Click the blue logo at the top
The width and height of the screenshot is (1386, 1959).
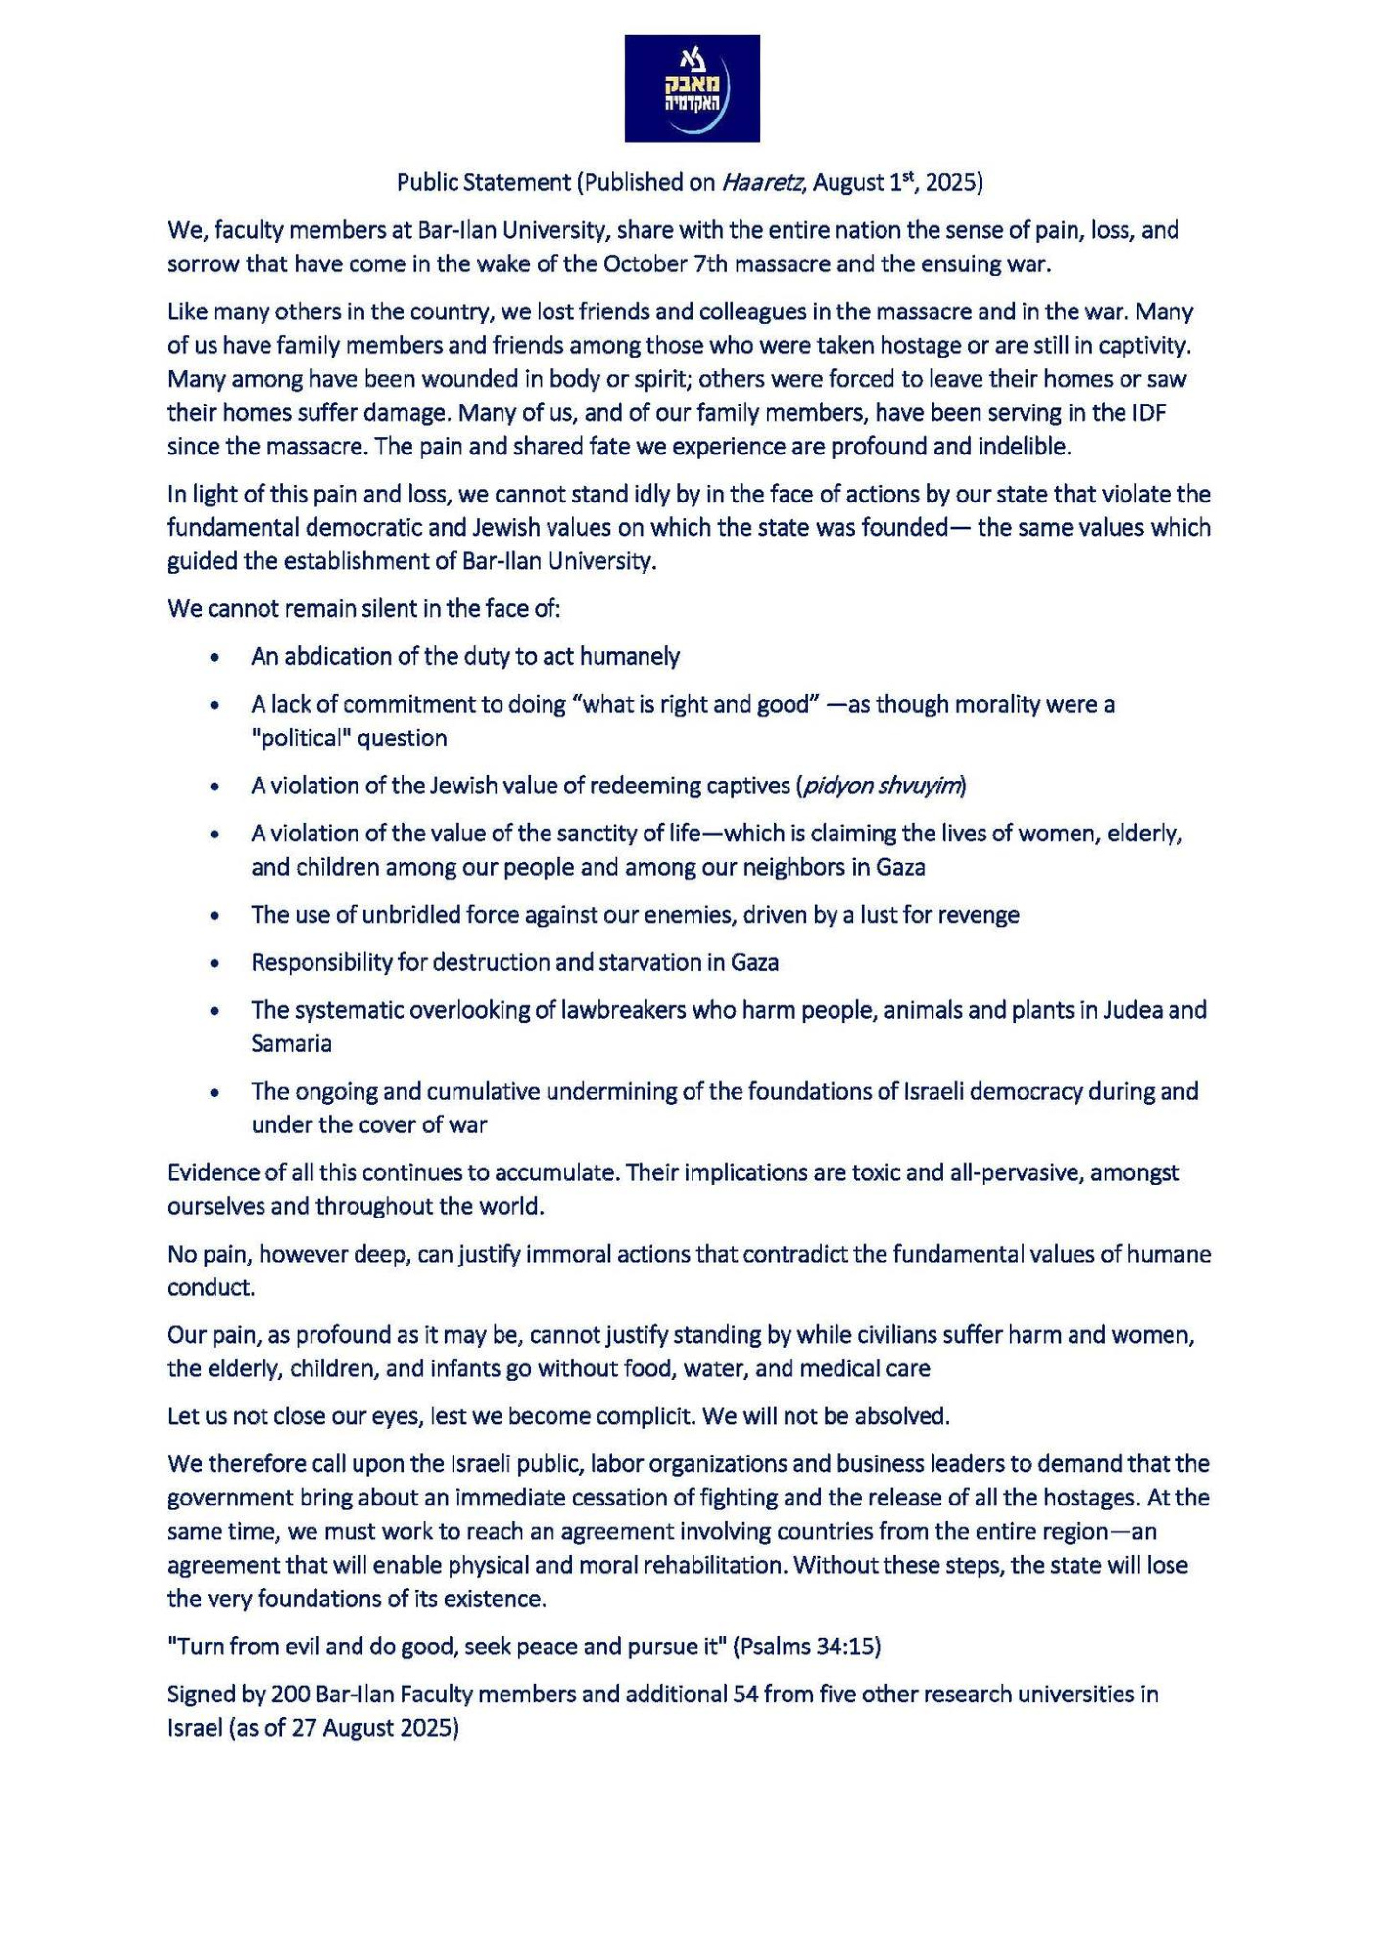point(692,88)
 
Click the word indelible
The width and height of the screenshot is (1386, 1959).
point(1024,447)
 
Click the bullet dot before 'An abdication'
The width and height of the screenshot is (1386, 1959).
point(215,657)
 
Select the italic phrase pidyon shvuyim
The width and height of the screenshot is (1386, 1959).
point(881,786)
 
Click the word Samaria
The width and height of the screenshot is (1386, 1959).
point(291,1043)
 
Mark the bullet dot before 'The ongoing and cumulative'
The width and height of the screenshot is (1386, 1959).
point(215,1092)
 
